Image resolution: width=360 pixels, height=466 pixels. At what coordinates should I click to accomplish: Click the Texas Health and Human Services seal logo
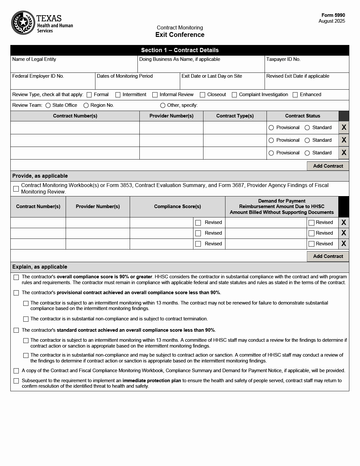(x=23, y=23)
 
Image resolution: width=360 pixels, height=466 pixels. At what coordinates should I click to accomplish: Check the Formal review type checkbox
(x=89, y=95)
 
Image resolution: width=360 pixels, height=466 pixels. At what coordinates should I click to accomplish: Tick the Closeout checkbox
(x=202, y=95)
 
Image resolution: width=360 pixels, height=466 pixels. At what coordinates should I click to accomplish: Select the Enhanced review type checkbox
(x=295, y=95)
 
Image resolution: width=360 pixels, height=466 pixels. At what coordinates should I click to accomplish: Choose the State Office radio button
(x=48, y=105)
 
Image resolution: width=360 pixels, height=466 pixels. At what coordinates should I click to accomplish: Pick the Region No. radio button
(x=86, y=105)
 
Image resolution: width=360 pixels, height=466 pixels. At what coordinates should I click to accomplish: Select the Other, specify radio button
(x=163, y=105)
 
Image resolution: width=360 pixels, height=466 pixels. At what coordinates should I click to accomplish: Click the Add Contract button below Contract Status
(x=328, y=166)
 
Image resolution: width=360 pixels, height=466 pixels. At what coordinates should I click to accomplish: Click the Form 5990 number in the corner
(x=333, y=15)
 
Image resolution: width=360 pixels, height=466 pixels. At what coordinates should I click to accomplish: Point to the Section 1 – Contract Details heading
(x=180, y=50)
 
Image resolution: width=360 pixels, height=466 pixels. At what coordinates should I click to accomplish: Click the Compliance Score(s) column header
(x=177, y=206)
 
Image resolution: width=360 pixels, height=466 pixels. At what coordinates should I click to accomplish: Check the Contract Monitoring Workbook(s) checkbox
(x=16, y=189)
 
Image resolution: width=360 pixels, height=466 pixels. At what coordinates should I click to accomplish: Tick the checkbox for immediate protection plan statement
(x=16, y=381)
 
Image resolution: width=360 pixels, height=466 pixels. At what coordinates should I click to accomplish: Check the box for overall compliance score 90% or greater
(x=16, y=277)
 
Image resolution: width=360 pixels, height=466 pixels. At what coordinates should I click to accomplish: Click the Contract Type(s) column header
(x=235, y=116)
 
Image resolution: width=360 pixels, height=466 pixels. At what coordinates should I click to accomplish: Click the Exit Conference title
(x=180, y=35)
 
